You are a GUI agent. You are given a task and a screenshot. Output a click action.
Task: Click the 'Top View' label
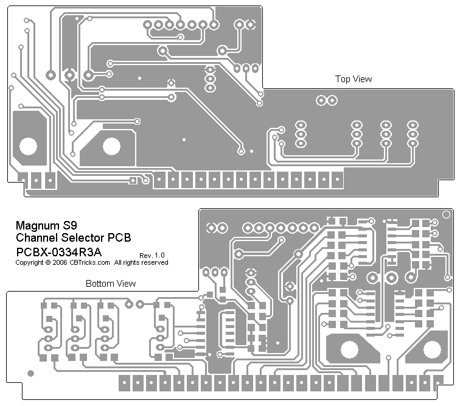[354, 79]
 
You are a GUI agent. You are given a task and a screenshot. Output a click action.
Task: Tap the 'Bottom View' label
[111, 284]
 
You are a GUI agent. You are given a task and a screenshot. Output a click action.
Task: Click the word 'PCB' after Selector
[119, 237]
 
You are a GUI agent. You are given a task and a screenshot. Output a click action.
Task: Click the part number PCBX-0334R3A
[58, 251]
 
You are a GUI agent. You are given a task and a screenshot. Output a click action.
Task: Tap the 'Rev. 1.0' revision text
[152, 254]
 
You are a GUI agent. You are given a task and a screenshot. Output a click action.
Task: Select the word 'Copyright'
[29, 263]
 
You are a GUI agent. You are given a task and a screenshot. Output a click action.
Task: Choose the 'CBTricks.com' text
[89, 263]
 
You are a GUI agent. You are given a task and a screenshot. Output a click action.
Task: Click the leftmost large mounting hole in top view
[28, 146]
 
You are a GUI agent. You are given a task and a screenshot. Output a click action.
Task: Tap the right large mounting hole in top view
[111, 146]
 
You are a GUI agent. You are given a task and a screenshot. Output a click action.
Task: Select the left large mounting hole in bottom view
[349, 350]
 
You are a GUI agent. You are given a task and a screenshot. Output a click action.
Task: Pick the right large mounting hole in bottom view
[432, 350]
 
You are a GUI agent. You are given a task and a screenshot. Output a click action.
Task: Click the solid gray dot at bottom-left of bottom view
[31, 373]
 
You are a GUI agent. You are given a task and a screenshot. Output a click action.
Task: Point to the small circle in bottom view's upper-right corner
[447, 213]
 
